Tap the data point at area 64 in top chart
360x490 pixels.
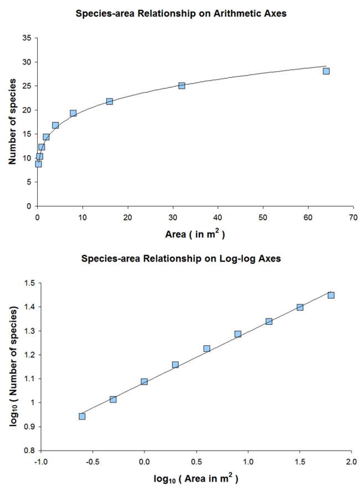(x=326, y=71)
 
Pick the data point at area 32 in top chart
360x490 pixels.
(x=182, y=85)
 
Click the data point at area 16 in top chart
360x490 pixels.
(x=110, y=101)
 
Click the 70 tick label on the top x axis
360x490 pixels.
(x=353, y=217)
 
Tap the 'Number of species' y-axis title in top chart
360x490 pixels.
(x=12, y=122)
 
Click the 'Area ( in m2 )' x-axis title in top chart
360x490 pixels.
(x=195, y=234)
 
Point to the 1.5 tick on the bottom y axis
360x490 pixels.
(x=29, y=283)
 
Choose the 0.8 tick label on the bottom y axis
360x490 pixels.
(x=29, y=451)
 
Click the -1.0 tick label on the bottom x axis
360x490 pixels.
(x=41, y=462)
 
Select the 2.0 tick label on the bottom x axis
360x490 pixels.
(x=351, y=462)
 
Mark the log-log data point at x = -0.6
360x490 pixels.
(x=82, y=416)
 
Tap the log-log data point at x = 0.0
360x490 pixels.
(x=144, y=381)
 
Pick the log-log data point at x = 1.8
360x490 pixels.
(x=331, y=295)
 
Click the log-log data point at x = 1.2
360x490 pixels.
(x=269, y=321)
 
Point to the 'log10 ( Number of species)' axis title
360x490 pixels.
(x=12, y=366)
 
